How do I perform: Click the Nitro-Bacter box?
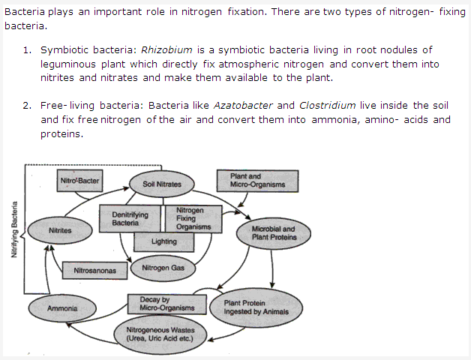[79, 181]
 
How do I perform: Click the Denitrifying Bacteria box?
[124, 218]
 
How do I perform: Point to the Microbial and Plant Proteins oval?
[273, 232]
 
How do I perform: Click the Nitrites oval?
[60, 231]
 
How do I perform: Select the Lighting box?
[163, 241]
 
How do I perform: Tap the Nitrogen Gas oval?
[163, 268]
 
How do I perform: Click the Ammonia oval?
[62, 308]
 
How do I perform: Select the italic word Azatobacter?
[244, 106]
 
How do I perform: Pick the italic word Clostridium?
[327, 106]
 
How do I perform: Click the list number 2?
[26, 106]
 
